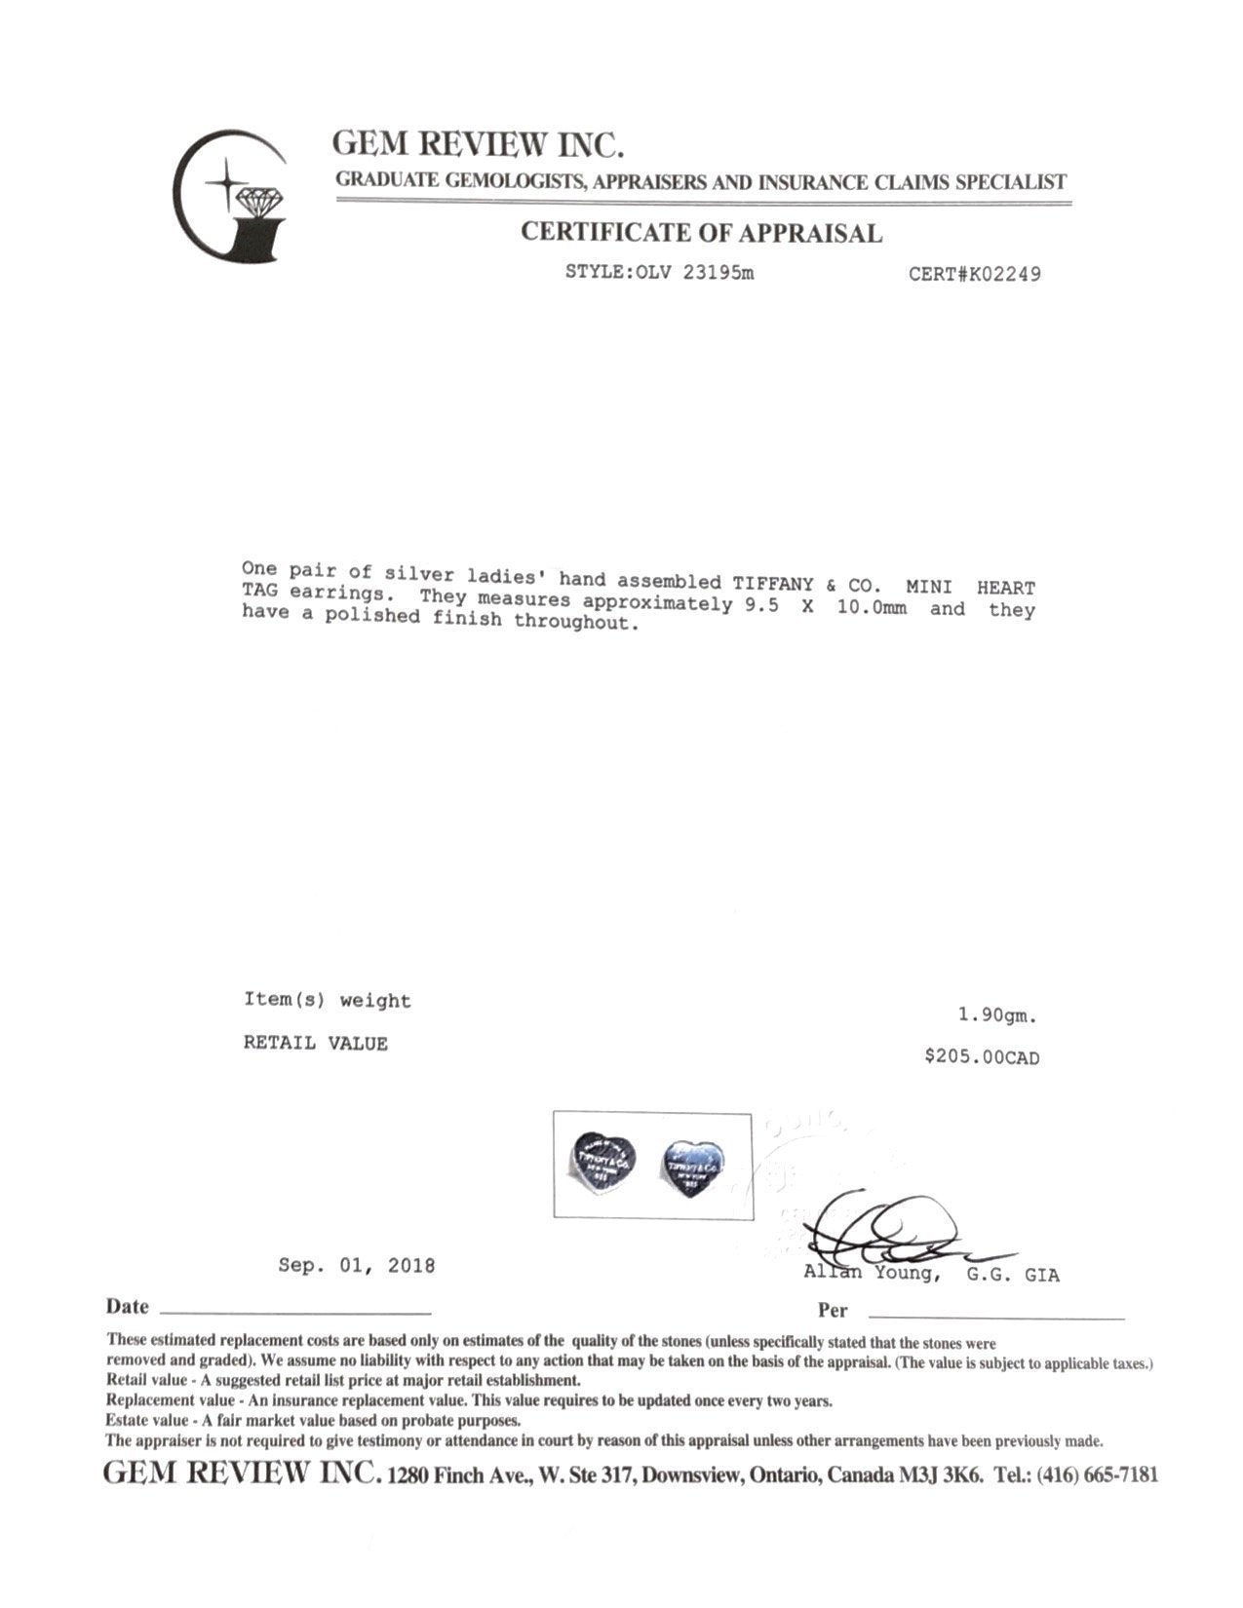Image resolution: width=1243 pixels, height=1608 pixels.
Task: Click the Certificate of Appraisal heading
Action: click(701, 233)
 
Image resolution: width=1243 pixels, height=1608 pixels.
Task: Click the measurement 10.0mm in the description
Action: click(873, 608)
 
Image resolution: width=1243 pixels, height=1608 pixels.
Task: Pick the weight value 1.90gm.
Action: click(997, 1015)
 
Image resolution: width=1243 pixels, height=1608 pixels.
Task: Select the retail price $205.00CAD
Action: click(982, 1057)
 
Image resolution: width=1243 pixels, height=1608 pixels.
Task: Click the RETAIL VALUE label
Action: click(315, 1044)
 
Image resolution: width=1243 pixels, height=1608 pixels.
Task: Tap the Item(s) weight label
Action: click(327, 1001)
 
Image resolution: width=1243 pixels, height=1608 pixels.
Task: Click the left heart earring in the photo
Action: click(604, 1159)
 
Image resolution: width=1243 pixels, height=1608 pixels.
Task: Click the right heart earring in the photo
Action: click(694, 1163)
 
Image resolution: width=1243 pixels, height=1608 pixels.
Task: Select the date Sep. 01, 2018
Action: click(356, 1266)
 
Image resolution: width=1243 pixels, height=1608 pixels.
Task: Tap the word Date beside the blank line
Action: click(127, 1307)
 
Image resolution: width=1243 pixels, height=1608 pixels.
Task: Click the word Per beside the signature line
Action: click(833, 1311)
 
